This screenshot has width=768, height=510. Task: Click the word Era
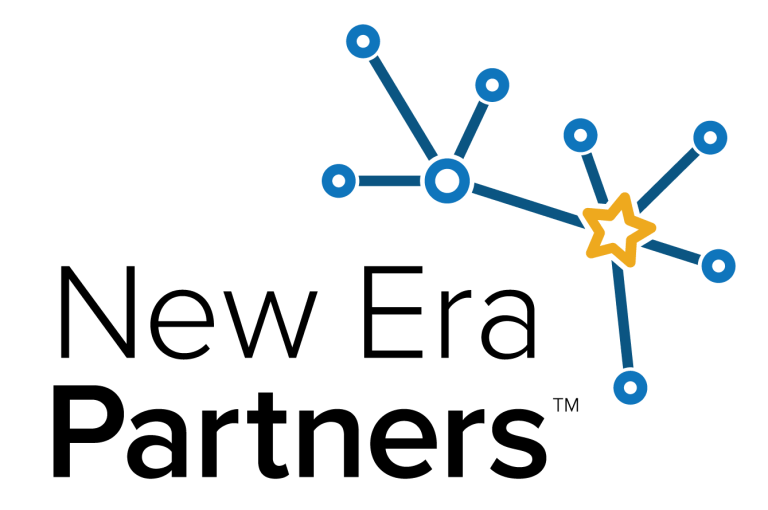point(449,312)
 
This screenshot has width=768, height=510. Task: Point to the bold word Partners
point(300,432)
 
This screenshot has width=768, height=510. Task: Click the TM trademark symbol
point(566,405)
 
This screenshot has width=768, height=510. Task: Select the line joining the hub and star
point(528,206)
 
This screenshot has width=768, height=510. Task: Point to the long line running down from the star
point(622,315)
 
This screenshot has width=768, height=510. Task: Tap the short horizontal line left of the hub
point(389,181)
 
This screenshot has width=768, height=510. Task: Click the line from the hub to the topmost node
point(403,108)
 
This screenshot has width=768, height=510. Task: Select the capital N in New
point(97,312)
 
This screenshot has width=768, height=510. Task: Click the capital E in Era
point(392,312)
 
